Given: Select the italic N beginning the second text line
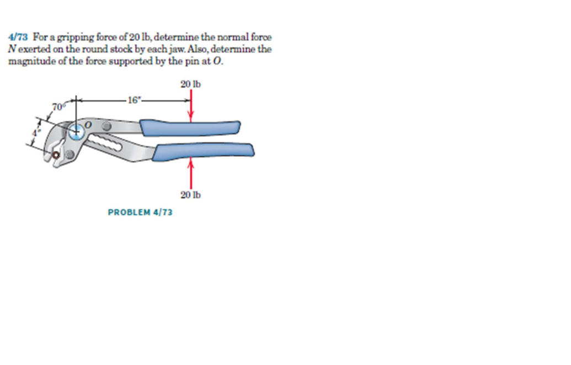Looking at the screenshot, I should [x=11, y=49].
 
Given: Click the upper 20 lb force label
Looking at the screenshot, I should [x=190, y=84].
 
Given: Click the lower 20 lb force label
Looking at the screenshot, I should [x=190, y=195].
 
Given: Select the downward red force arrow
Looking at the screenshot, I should [x=191, y=106].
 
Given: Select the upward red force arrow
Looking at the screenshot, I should [x=191, y=173].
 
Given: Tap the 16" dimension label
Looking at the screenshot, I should [x=135, y=100].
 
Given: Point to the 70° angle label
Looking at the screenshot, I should [x=58, y=107].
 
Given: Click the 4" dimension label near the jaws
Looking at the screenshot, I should [x=35, y=133].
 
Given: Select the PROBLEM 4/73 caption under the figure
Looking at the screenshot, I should [x=140, y=211].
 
